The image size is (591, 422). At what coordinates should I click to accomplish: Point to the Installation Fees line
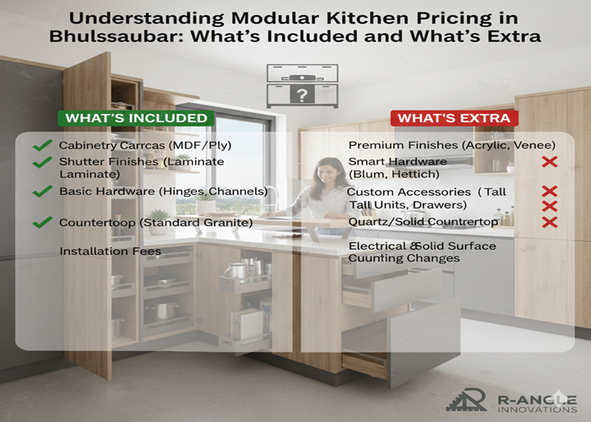110,251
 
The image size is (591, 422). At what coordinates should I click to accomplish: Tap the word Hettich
415,174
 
